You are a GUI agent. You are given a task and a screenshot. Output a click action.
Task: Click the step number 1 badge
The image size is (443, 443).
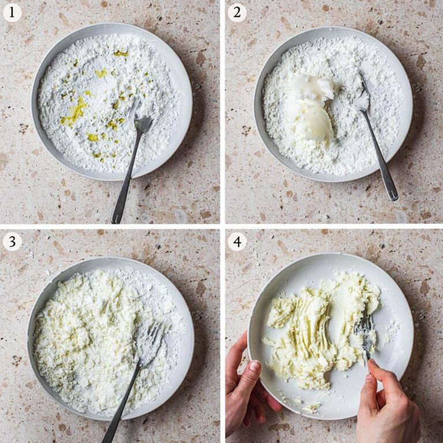[12, 13]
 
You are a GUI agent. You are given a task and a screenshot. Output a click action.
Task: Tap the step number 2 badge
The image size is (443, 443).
[237, 13]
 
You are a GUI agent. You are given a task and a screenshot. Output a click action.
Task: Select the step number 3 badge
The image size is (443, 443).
[12, 242]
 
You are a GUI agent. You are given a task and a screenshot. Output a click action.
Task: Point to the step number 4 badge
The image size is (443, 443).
[237, 242]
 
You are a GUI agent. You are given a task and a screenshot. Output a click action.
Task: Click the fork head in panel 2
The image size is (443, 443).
[363, 93]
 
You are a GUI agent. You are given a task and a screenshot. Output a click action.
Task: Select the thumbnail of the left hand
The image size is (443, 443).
[255, 365]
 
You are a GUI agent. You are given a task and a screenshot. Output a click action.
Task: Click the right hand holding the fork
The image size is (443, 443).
[387, 404]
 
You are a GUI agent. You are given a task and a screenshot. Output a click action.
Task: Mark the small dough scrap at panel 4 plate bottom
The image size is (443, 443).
[311, 407]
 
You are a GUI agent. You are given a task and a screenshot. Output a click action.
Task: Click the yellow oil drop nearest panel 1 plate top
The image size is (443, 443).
[121, 53]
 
